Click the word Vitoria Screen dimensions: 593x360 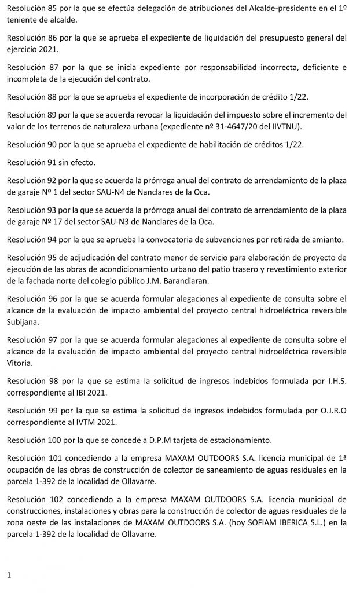click(x=20, y=364)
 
